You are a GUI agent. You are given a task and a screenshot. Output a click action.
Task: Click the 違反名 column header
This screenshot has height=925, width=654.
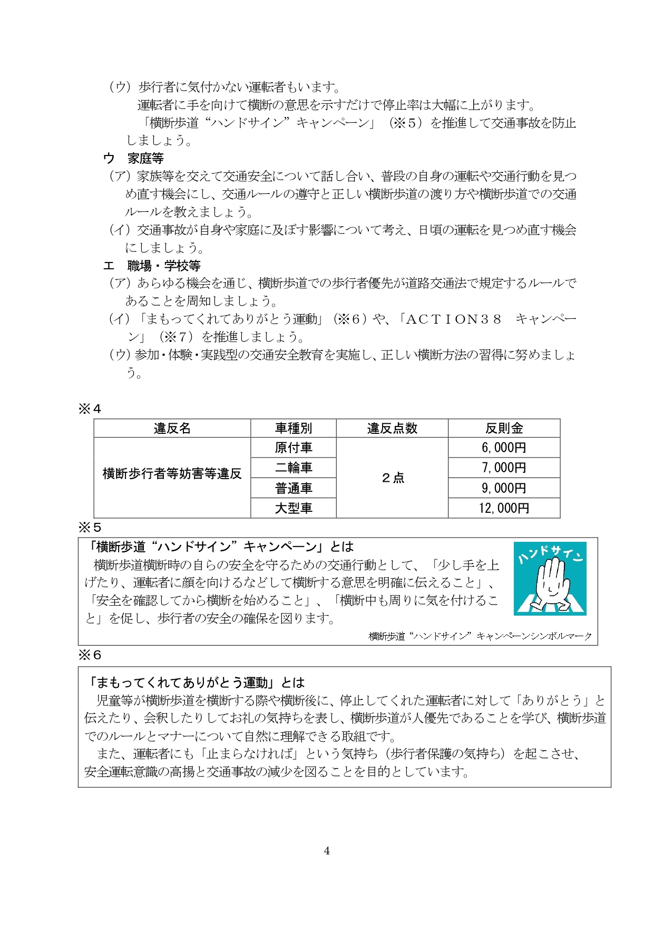(x=172, y=428)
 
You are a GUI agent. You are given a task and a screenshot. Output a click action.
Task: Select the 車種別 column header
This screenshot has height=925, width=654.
(x=293, y=428)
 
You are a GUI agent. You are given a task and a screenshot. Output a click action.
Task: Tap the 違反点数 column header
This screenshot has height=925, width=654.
(x=392, y=428)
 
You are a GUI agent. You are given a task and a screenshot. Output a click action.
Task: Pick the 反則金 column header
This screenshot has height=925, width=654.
(x=504, y=428)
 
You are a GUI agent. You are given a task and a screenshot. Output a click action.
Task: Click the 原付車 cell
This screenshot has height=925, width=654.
(x=293, y=447)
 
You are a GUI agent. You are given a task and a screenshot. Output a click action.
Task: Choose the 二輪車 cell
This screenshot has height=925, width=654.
(x=293, y=468)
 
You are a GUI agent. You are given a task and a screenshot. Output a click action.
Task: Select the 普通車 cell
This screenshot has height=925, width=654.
(x=293, y=488)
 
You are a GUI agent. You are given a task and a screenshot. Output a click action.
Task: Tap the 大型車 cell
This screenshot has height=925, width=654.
(x=293, y=508)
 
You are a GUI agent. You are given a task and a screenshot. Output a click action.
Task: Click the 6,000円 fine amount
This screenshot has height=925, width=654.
(x=504, y=447)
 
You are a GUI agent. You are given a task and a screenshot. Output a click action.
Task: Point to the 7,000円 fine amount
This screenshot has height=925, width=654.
(x=504, y=468)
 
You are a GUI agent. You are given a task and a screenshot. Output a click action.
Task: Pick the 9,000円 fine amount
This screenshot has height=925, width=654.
(x=504, y=488)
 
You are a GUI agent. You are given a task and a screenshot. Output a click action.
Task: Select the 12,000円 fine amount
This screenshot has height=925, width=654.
(x=504, y=508)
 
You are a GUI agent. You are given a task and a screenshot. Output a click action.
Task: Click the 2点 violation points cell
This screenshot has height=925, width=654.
(x=392, y=478)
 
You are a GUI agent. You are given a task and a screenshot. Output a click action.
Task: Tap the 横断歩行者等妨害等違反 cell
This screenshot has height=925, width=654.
(x=172, y=473)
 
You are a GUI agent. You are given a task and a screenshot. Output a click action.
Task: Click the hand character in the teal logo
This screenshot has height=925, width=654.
(x=549, y=582)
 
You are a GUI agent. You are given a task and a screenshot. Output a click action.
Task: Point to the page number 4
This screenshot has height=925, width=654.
(x=327, y=850)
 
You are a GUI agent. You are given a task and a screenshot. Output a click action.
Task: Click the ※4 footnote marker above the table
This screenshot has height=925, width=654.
(x=90, y=408)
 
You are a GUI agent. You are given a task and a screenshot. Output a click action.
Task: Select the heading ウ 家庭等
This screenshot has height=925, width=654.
(x=133, y=158)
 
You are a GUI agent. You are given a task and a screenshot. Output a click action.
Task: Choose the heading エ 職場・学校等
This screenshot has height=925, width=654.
(x=152, y=266)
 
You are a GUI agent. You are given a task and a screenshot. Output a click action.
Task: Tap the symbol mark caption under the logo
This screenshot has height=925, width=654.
(x=480, y=636)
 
